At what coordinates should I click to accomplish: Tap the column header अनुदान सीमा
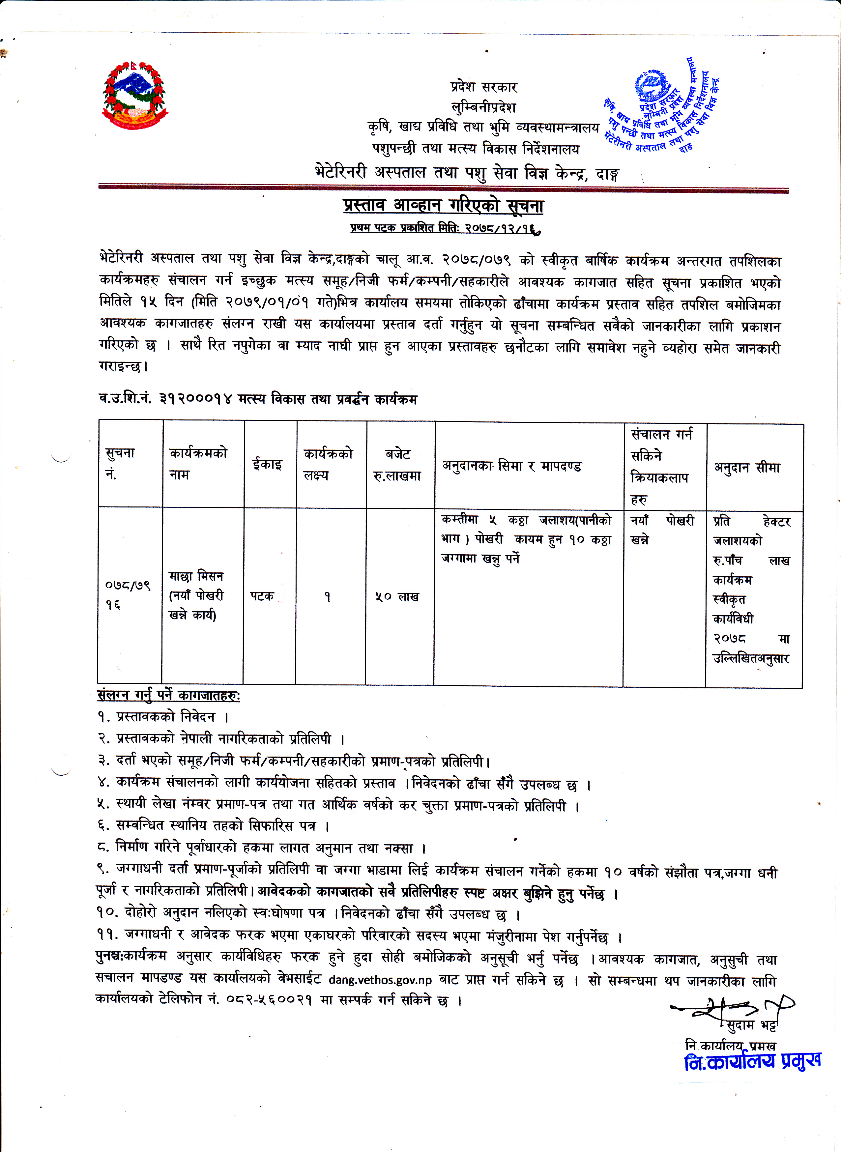click(747, 467)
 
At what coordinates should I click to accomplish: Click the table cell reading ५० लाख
click(397, 597)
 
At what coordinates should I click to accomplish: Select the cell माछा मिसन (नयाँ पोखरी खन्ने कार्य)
click(196, 595)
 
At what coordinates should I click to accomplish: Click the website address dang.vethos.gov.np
click(380, 980)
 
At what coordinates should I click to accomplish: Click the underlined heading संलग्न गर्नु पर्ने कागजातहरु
click(168, 695)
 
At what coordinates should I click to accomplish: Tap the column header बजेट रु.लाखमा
click(397, 465)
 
